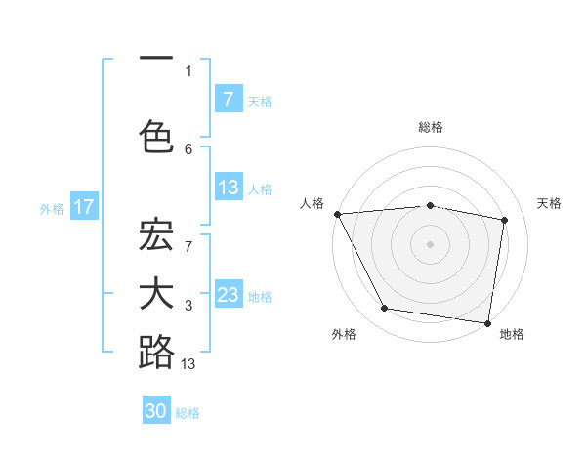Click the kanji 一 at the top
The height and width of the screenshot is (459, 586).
click(156, 60)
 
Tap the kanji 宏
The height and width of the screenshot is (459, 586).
click(156, 237)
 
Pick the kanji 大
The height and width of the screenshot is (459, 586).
click(156, 294)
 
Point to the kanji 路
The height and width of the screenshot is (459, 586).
click(156, 352)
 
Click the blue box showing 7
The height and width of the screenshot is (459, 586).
click(228, 100)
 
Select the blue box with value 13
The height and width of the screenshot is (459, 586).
click(228, 188)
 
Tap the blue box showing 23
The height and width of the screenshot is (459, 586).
click(228, 295)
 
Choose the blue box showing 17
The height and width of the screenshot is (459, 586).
click(83, 207)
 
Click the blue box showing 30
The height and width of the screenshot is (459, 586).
click(156, 411)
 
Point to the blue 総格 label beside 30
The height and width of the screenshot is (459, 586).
click(188, 413)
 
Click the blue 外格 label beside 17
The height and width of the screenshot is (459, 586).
click(51, 208)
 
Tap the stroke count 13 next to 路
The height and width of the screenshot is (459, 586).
click(188, 364)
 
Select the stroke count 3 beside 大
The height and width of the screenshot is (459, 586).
click(188, 306)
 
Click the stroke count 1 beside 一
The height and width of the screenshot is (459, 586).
click(188, 70)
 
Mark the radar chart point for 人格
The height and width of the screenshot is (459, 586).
click(337, 214)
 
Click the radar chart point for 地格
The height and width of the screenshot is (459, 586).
click(487, 322)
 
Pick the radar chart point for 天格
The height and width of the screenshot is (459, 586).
click(505, 220)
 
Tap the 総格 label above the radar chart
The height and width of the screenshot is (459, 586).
click(431, 127)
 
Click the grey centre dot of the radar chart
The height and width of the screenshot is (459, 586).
click(431, 243)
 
